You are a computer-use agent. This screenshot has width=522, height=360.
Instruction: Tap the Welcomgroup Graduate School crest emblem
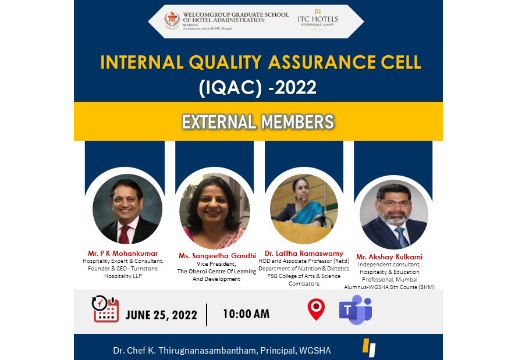(172, 21)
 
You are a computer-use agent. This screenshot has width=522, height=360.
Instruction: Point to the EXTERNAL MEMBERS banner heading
(258, 122)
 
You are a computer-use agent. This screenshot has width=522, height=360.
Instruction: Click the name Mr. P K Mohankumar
(123, 254)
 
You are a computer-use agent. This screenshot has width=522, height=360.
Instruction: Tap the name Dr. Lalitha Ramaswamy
(304, 254)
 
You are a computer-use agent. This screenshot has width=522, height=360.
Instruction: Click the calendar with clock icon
(105, 309)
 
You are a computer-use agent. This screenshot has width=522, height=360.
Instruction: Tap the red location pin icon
(315, 310)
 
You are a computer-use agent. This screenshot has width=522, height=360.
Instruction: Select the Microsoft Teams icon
(355, 309)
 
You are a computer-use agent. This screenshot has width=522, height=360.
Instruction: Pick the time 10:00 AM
(246, 314)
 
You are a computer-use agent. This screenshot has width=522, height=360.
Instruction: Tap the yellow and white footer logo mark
(369, 347)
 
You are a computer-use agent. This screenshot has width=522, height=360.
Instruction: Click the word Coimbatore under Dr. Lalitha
(304, 284)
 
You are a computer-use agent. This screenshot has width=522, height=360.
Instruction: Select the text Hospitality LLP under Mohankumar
(123, 276)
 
